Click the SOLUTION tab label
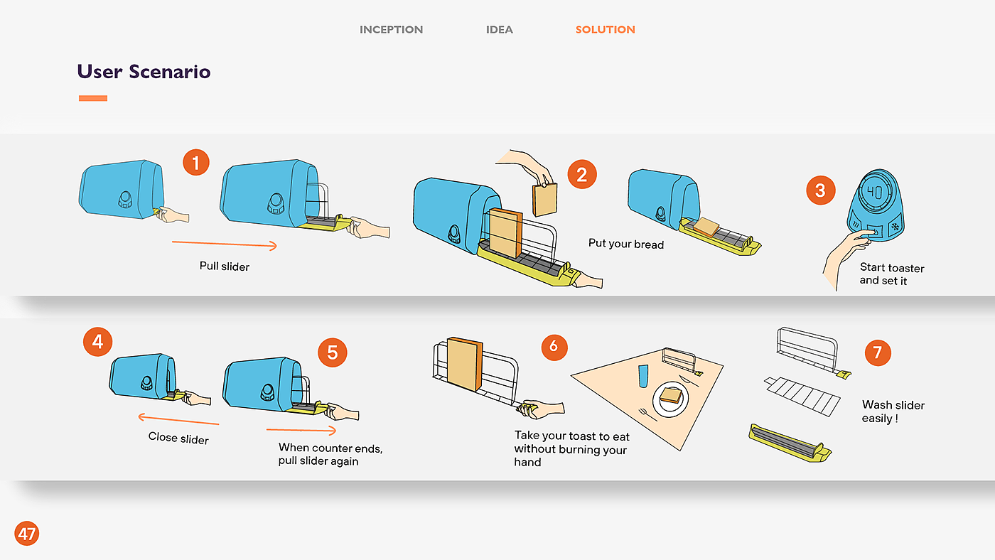(x=605, y=30)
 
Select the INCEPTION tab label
(x=391, y=30)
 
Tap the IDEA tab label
(x=499, y=30)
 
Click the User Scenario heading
(x=144, y=72)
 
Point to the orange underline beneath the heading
(x=93, y=98)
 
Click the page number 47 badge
(x=27, y=534)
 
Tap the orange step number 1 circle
(x=196, y=162)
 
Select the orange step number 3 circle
(x=820, y=190)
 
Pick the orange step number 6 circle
(x=554, y=347)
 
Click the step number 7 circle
(x=877, y=352)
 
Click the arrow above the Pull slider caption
(x=225, y=244)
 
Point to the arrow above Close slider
(x=178, y=419)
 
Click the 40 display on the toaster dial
(x=875, y=193)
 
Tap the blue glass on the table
(x=642, y=376)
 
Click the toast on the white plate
(x=671, y=395)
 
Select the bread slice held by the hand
(x=544, y=200)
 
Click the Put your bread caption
(x=626, y=244)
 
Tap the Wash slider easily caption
(x=893, y=411)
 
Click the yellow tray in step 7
(x=790, y=443)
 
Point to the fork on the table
(x=647, y=415)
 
